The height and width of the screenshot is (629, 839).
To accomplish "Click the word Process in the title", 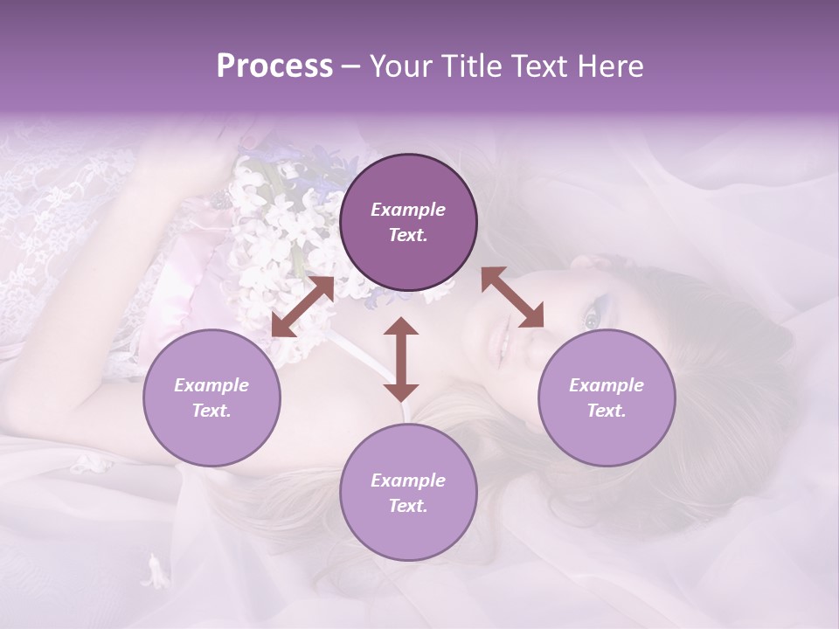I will coord(274,66).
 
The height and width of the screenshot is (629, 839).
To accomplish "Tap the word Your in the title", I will coord(399,66).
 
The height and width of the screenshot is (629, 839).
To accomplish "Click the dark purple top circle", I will coord(408,223).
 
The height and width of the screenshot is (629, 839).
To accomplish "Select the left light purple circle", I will coord(211,397).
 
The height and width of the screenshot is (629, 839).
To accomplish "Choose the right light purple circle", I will coord(607,397).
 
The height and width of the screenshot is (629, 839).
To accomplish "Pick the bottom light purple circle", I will coord(408,493).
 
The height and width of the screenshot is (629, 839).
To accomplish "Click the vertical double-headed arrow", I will coord(401,359).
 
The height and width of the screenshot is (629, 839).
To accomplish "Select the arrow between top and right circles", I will coord(512,297).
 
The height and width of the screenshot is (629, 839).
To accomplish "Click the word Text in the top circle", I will coord(407,235).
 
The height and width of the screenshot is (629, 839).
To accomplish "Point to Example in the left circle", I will coord(211,385).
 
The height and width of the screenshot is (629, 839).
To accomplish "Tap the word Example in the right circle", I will coord(607,385).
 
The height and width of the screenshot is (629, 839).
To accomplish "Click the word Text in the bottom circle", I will coord(407,506).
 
